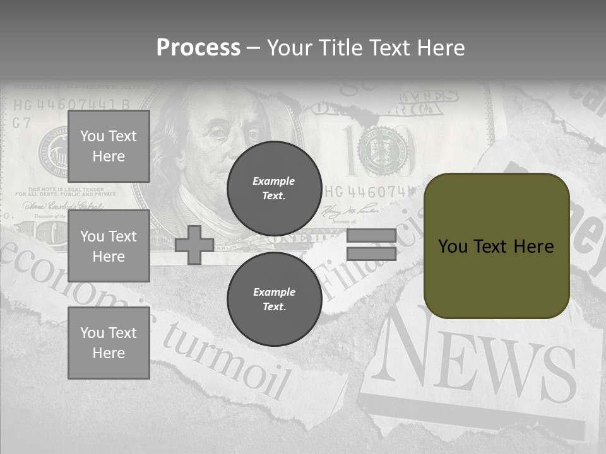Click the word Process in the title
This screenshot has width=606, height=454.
click(x=198, y=48)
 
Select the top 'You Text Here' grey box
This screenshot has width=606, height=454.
click(x=109, y=146)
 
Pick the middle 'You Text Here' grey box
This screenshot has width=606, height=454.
click(x=109, y=246)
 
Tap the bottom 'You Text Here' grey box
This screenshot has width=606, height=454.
click(x=109, y=342)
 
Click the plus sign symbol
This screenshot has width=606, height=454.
click(x=194, y=245)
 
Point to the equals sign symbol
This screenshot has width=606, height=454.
click(x=371, y=245)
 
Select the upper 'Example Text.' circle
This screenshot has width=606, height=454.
click(x=274, y=188)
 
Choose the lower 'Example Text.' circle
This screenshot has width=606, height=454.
click(x=274, y=299)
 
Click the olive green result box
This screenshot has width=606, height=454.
click(x=496, y=246)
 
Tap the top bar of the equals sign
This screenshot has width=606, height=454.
click(x=371, y=236)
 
